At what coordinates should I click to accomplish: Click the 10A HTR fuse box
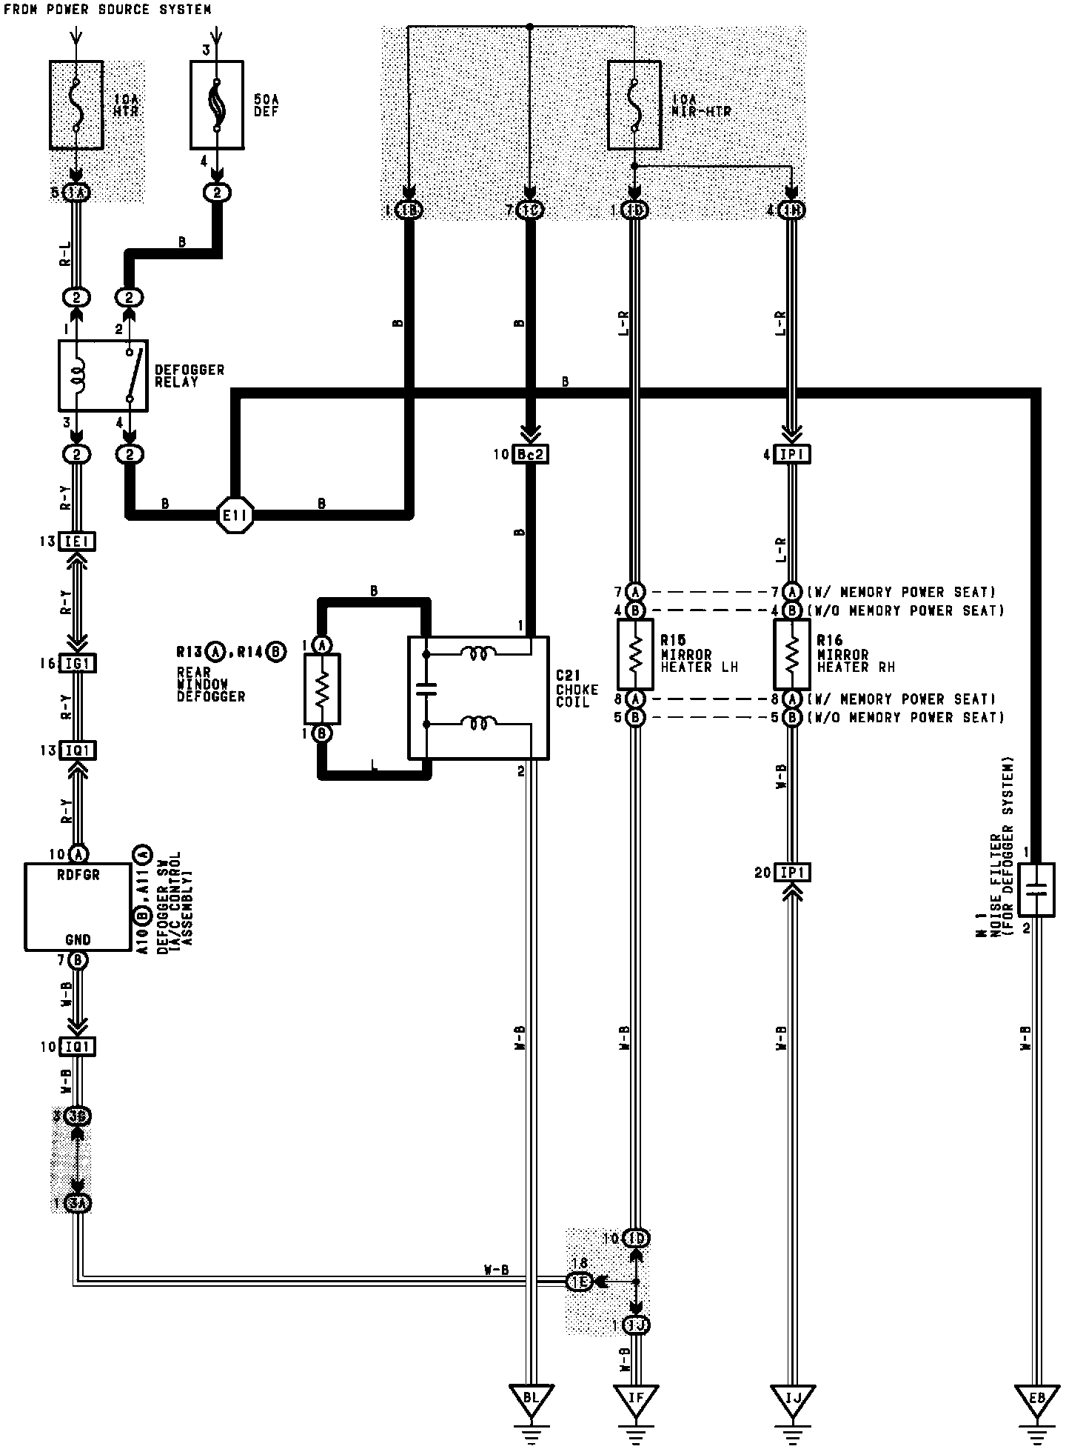76,104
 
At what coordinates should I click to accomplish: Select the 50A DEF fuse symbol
217,104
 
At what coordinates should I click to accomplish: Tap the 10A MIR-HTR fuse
634,104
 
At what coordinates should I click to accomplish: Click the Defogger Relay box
103,376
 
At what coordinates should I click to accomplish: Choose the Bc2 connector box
531,454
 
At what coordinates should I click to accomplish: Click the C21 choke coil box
478,698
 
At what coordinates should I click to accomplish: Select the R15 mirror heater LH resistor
634,655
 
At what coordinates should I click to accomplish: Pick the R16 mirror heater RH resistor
792,655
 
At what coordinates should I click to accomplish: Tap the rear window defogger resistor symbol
322,689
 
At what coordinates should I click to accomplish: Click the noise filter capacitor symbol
1036,889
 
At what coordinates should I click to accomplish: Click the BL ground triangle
530,1399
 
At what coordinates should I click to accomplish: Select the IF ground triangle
635,1399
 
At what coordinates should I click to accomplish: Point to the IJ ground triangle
792,1399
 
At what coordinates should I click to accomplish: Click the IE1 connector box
77,542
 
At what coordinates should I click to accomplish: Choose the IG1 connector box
77,663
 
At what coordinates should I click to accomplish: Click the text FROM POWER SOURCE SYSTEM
107,10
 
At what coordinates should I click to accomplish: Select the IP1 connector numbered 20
792,873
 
